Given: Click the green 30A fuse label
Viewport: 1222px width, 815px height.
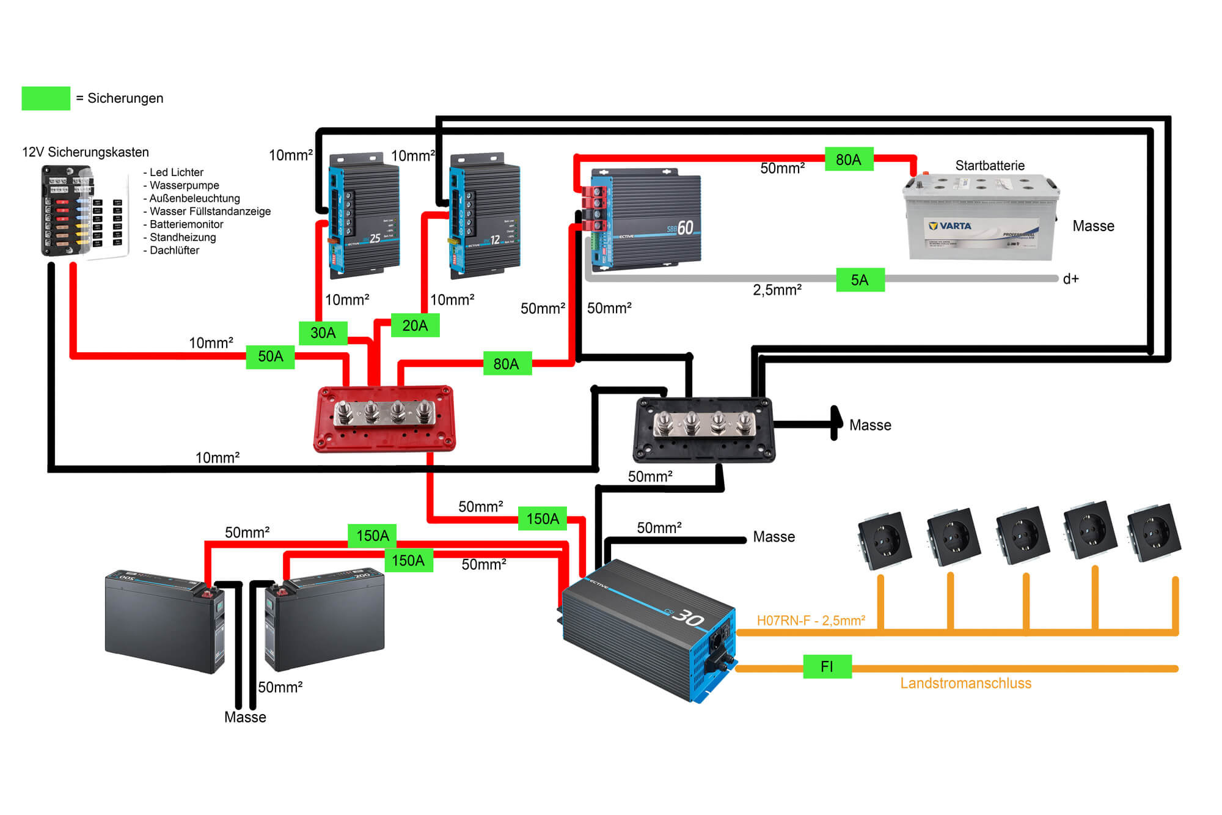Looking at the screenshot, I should click(x=323, y=333).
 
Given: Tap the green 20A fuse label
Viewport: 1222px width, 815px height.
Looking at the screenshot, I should click(x=415, y=325).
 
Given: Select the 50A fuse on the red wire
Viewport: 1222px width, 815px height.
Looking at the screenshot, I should click(x=270, y=356).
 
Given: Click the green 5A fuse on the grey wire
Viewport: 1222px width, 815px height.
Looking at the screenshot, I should click(x=860, y=280).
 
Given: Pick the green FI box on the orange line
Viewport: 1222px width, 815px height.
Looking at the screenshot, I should click(x=827, y=666).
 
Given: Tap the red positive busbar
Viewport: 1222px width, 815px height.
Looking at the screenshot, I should click(x=384, y=419).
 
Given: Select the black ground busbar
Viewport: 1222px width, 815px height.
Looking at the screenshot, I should click(x=704, y=429).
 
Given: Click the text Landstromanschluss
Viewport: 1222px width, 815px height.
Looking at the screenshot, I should click(x=965, y=684).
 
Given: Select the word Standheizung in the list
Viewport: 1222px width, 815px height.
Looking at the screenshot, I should click(x=183, y=237).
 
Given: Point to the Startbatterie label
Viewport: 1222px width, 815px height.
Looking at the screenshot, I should click(x=990, y=166).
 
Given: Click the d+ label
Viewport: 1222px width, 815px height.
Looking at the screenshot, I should click(x=1070, y=279).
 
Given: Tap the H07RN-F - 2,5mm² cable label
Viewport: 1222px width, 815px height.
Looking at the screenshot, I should click(x=811, y=621).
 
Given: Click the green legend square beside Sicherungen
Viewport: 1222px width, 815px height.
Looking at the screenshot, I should click(x=46, y=98).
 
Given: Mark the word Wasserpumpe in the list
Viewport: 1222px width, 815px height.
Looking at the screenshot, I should click(x=184, y=185).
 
